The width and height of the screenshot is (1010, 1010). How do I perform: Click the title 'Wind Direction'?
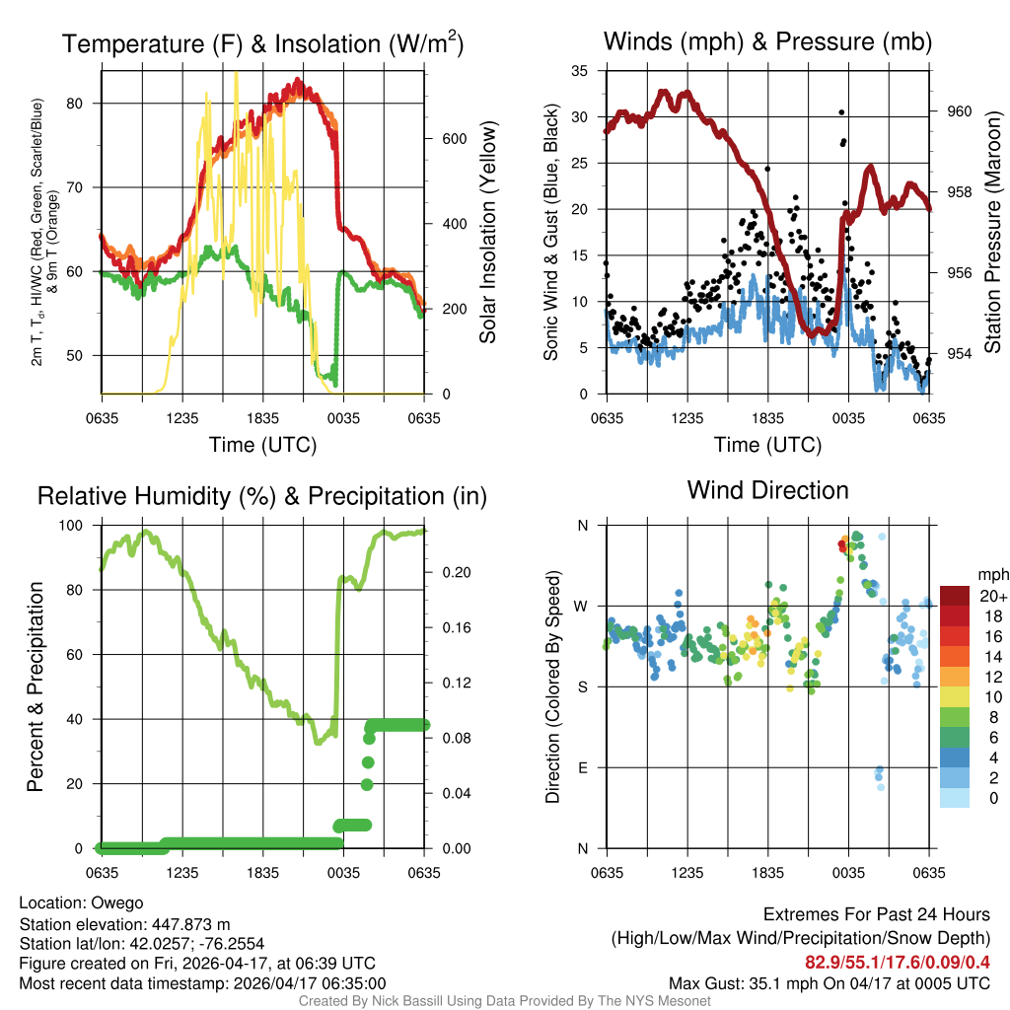click(x=767, y=490)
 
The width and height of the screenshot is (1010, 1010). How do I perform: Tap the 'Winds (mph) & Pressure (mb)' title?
click(x=767, y=42)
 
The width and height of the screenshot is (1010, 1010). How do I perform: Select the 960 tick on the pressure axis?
click(x=959, y=111)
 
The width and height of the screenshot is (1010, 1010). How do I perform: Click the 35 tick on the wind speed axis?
click(x=581, y=71)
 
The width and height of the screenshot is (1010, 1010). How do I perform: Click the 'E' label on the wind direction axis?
click(x=582, y=767)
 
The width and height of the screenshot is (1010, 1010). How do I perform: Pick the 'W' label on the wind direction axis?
click(x=582, y=606)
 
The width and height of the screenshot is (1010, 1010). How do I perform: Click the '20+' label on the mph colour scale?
click(x=992, y=596)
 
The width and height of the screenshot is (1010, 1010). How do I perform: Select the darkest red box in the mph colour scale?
click(x=956, y=595)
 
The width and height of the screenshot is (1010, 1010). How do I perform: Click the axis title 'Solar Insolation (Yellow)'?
click(x=488, y=233)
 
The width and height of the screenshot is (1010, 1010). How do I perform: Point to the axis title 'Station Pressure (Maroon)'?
click(x=993, y=233)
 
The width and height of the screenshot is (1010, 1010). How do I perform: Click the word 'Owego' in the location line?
click(x=117, y=902)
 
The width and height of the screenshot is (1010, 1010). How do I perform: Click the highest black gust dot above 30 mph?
click(x=841, y=112)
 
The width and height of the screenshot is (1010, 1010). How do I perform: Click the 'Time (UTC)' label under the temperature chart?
click(x=262, y=445)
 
